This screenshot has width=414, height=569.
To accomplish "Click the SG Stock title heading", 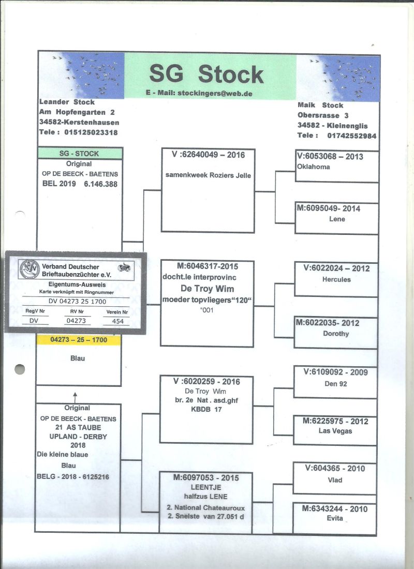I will pos(206,74).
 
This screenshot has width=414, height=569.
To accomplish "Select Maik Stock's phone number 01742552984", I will pos(351,136).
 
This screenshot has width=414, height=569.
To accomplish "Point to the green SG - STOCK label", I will pos(80,154).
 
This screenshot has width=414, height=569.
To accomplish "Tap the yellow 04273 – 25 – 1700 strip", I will pos(79,340).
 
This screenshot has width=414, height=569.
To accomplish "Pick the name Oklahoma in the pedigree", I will pos(314,167).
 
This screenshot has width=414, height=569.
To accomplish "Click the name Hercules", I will pos(336,279).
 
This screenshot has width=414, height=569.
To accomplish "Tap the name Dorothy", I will pos(336,334).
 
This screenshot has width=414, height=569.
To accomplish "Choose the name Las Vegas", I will pos(335,431).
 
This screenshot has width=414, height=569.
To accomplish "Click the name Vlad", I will pos(334,480).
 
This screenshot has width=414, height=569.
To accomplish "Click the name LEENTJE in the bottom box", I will pos(206,488).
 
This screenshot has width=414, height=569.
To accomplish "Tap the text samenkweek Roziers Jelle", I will pos(208,175).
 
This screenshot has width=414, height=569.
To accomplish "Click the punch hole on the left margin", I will pos(20,369).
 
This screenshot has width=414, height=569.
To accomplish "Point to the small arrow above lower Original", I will pos(76,397).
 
